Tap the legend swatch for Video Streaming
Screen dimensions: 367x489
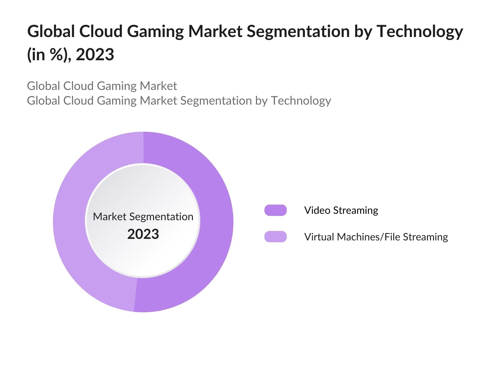pos(275,210)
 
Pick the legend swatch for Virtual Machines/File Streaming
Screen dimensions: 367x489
pos(275,237)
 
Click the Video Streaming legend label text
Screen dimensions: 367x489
pos(341,210)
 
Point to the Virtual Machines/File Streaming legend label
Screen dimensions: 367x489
pos(376,237)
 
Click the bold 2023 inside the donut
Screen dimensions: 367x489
pos(143,234)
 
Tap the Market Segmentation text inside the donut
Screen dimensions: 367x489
pos(143,217)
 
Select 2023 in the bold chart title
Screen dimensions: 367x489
pos(95,55)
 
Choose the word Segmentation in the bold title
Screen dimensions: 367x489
pos(298,31)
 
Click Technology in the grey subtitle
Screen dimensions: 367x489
pos(301,101)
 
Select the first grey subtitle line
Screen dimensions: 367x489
pos(102,86)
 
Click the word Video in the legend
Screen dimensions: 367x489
pos(317,210)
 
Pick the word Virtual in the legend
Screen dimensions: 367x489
pos(319,237)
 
